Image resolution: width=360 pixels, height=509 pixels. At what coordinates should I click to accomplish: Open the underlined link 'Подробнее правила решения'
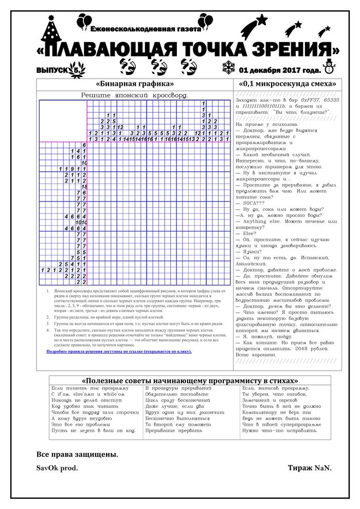pos(119,351)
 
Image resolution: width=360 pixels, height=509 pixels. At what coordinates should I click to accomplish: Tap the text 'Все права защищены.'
pos(77,455)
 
